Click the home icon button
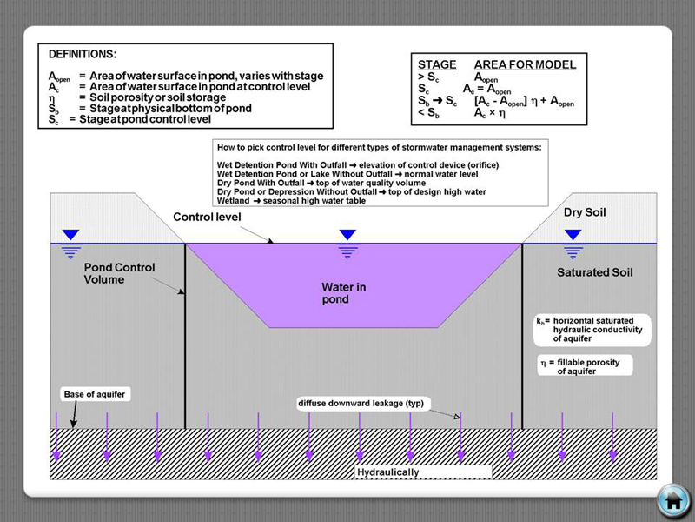pos(672,501)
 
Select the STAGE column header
pos(437,65)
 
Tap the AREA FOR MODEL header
pos(524,65)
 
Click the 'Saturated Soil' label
pos(595,272)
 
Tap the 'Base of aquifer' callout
pos(95,394)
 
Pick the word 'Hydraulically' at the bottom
pos(388,472)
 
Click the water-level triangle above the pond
pos(348,235)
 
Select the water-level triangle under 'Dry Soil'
pos(573,235)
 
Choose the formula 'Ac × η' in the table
pos(489,113)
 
